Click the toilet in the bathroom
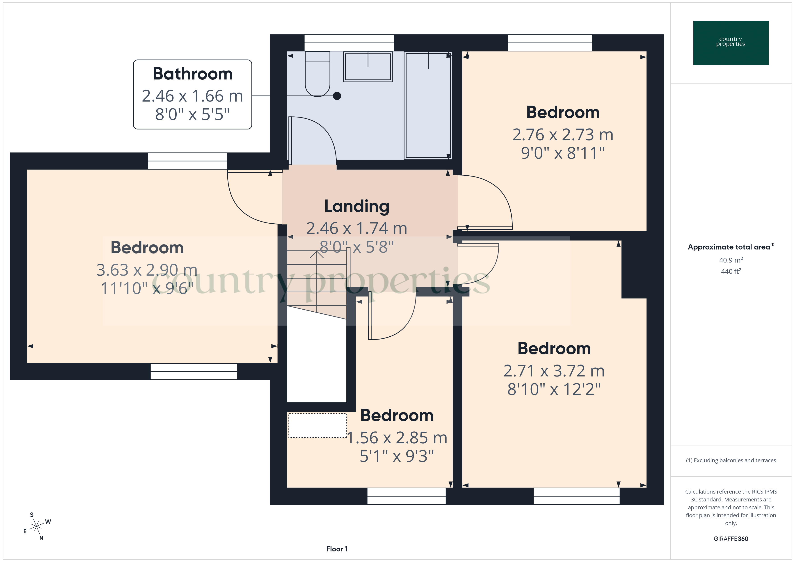317,74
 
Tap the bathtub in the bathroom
428,106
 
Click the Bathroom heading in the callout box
192,74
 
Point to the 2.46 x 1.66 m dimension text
192,96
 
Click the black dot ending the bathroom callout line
337,96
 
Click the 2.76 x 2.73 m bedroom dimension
563,135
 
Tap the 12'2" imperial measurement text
582,389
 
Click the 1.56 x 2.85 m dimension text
397,438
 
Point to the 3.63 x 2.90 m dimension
147,270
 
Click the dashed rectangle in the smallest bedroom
318,426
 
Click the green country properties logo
731,43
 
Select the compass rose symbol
36,527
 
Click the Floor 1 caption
337,549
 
